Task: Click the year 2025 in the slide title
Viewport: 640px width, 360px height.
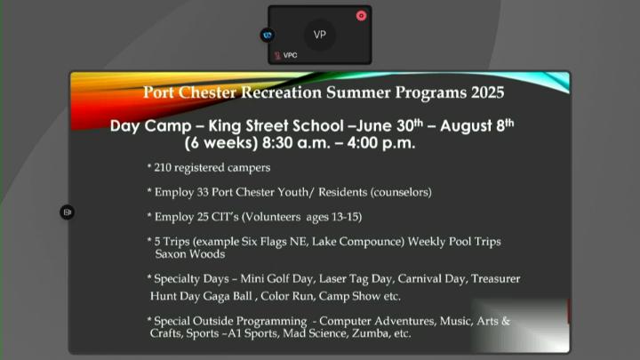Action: (487, 92)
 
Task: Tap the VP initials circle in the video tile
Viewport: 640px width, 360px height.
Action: (320, 35)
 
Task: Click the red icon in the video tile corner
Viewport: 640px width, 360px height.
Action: (361, 16)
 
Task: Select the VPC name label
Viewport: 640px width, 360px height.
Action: (290, 55)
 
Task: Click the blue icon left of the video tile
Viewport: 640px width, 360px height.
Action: (268, 35)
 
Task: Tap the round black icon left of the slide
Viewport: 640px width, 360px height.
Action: (68, 212)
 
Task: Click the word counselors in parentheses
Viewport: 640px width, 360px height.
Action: (401, 192)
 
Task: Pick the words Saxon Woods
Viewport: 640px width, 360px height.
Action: (190, 254)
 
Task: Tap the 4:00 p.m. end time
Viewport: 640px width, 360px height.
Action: (381, 143)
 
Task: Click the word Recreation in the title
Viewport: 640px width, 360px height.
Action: (281, 92)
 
